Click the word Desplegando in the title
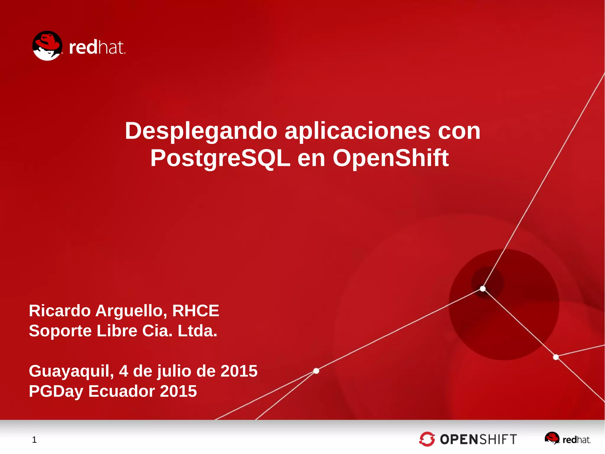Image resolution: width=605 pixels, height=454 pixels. [x=201, y=131]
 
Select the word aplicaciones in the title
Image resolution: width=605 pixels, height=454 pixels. [x=357, y=131]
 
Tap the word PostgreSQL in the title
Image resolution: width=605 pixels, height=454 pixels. [x=220, y=158]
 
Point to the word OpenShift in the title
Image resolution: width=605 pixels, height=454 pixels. [x=391, y=158]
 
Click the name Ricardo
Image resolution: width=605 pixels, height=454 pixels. [x=60, y=311]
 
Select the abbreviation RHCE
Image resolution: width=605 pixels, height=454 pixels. [x=196, y=311]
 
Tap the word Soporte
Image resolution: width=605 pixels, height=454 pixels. [x=60, y=331]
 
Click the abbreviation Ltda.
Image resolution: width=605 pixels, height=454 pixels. [x=197, y=331]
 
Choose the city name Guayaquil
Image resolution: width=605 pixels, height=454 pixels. [x=71, y=371]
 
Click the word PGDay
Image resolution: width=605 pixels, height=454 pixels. [x=56, y=391]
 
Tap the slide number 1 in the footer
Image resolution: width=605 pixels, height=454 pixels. [x=34, y=440]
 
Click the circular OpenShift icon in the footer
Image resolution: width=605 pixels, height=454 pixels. [x=427, y=439]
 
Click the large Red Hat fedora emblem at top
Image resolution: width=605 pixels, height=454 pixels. [x=47, y=46]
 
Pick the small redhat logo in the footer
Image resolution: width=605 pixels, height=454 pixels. [x=567, y=439]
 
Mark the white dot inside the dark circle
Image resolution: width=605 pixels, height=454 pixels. [x=483, y=289]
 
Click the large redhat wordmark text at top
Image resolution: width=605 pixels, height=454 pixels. [x=97, y=48]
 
